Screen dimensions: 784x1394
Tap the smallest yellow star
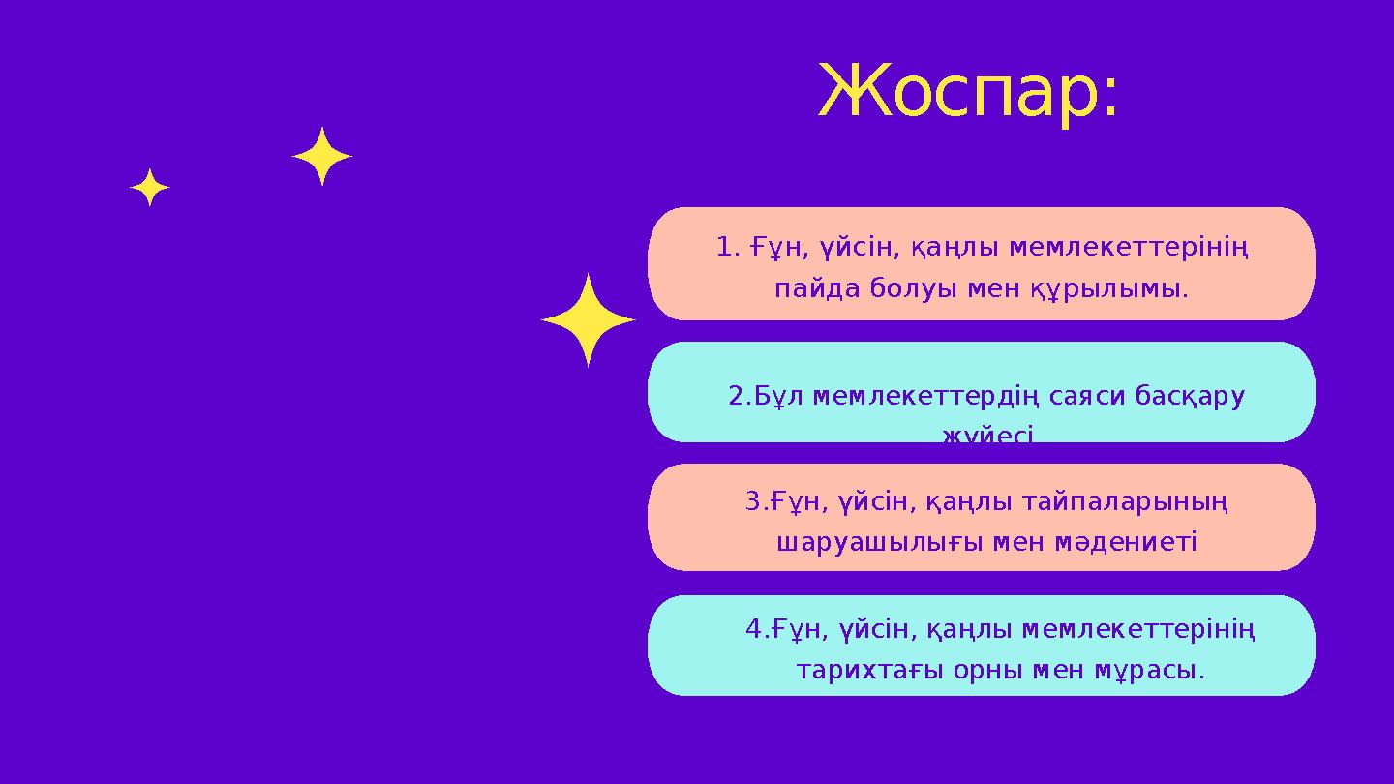point(150,188)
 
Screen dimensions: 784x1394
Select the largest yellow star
point(588,320)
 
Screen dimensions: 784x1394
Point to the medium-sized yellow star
point(322,157)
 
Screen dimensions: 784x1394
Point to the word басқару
point(1190,398)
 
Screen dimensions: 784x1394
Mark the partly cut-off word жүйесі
point(988,437)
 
